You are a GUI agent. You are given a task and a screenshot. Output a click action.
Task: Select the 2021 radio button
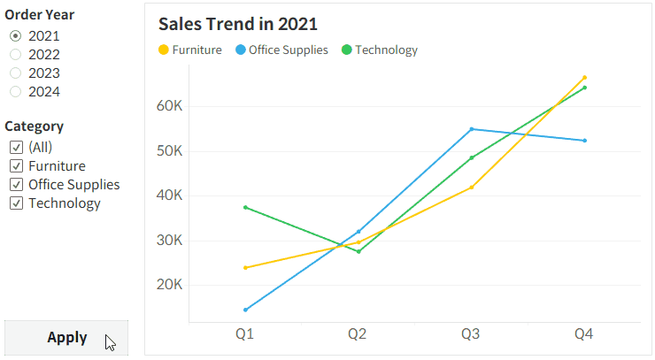click(16, 35)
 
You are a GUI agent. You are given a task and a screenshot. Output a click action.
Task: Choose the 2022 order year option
click(16, 54)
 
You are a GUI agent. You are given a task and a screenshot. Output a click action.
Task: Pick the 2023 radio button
click(16, 73)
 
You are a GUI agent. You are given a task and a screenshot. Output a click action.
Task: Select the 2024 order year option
click(16, 91)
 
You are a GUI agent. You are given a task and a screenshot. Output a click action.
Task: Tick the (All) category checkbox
click(16, 147)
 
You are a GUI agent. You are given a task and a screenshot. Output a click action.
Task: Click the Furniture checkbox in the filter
click(16, 165)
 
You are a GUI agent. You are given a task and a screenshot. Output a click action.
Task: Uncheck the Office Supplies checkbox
click(16, 185)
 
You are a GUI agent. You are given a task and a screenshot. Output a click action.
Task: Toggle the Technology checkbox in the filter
click(16, 203)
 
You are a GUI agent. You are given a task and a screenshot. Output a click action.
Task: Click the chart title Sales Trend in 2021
click(237, 24)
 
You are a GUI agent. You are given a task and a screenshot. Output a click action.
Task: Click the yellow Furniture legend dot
click(163, 50)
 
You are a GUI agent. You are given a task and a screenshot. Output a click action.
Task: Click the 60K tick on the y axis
click(168, 106)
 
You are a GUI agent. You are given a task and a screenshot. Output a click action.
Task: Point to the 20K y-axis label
click(168, 285)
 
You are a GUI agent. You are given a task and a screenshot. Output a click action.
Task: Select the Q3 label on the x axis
click(471, 334)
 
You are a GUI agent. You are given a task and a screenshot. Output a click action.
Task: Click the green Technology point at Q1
click(245, 207)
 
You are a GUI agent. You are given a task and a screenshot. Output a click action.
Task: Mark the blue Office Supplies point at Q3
click(472, 129)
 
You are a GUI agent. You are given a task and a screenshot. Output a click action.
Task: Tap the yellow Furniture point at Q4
click(584, 78)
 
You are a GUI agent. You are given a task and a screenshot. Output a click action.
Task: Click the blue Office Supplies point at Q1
click(245, 310)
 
